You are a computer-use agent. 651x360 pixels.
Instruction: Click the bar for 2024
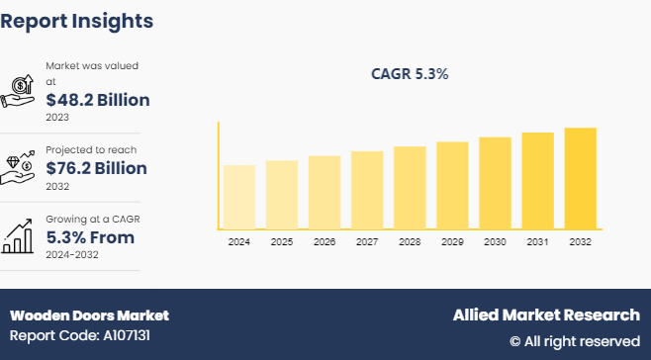(x=238, y=197)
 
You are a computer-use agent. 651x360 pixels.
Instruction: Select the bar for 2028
(x=410, y=187)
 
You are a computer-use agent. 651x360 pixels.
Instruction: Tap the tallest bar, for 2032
(x=580, y=178)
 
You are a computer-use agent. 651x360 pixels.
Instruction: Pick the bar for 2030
(x=495, y=183)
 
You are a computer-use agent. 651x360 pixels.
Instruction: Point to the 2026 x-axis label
(x=324, y=241)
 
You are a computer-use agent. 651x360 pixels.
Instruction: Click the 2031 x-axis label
(x=537, y=241)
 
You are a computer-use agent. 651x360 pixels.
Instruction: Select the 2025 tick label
(x=281, y=241)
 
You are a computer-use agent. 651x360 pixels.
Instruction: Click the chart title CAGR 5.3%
(x=410, y=73)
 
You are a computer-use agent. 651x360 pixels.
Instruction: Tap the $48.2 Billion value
(x=98, y=100)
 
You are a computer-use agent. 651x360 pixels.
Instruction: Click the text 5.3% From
(x=90, y=237)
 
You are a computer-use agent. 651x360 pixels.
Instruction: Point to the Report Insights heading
(x=77, y=20)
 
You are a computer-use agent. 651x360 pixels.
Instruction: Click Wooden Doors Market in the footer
(x=89, y=315)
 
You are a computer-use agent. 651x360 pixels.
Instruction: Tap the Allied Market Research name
(x=546, y=315)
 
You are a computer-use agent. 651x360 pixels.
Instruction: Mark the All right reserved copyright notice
(x=574, y=341)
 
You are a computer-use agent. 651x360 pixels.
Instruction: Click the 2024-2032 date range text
(x=74, y=254)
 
